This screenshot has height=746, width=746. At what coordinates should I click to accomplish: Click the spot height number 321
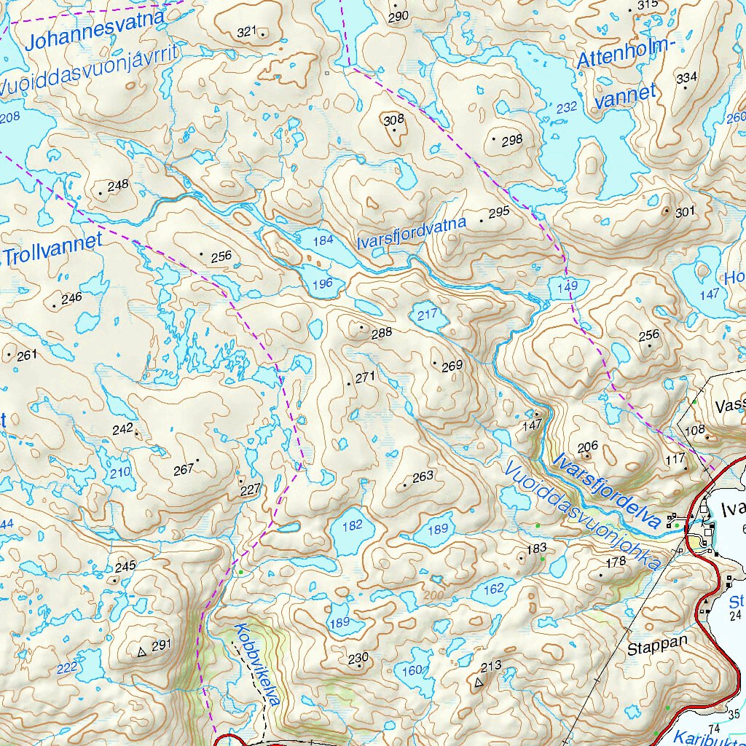[x=248, y=31]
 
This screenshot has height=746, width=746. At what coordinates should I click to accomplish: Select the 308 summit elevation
[x=393, y=119]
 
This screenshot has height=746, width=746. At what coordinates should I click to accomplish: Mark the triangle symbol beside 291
[x=141, y=652]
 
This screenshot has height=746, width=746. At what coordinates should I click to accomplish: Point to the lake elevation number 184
[x=323, y=240]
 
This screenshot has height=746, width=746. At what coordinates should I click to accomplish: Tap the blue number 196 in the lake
[x=322, y=283]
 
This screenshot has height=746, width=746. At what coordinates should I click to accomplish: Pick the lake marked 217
[x=427, y=315]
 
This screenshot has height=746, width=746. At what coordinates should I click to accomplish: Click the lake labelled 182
[x=352, y=525]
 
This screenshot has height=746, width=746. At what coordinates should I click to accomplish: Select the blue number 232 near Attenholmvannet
[x=566, y=107]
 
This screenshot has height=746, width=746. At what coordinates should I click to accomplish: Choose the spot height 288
[x=381, y=332]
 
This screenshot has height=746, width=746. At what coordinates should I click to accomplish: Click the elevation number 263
[x=423, y=476]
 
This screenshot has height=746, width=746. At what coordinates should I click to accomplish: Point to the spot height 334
[x=686, y=78]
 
